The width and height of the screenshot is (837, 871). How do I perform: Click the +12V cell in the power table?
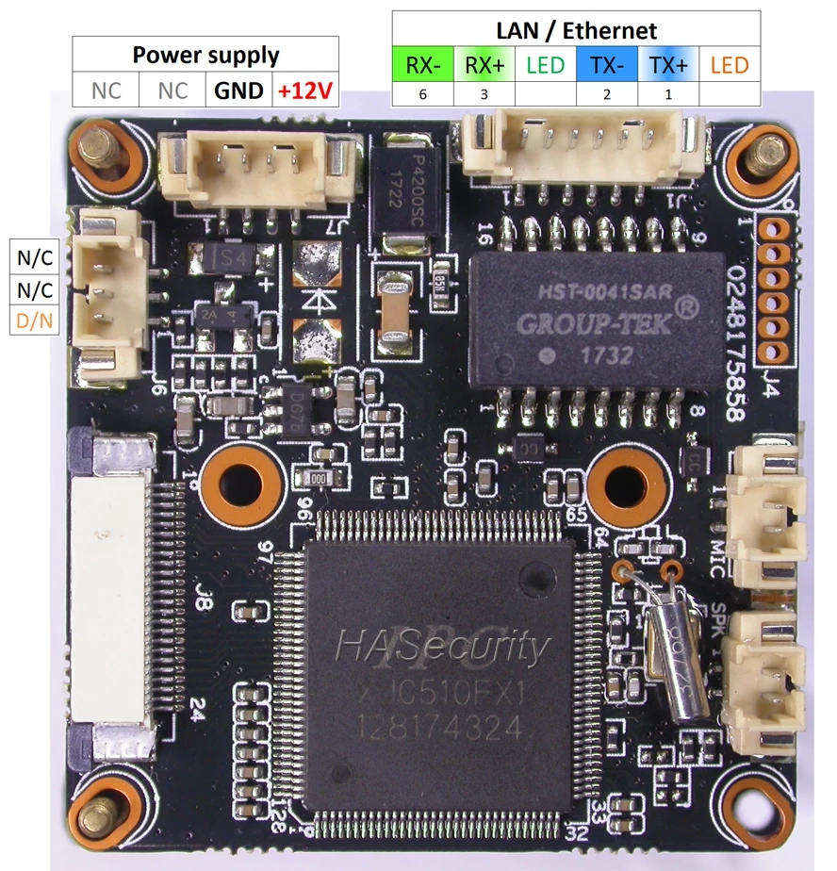tap(305, 91)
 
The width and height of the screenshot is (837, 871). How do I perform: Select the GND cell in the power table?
tap(238, 91)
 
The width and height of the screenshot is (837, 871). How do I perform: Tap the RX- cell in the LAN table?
tap(421, 65)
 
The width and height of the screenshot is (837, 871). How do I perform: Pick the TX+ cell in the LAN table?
tap(667, 65)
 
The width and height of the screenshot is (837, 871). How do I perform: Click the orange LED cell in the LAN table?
tap(729, 65)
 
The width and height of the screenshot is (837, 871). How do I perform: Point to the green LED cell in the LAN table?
tap(545, 65)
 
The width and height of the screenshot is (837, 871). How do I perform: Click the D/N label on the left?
tap(34, 321)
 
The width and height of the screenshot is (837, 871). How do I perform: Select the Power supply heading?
tap(205, 55)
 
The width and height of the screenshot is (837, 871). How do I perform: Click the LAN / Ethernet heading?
tap(576, 31)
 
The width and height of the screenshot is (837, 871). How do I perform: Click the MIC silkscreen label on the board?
tap(717, 551)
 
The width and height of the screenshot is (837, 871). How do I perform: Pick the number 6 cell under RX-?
tap(421, 94)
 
